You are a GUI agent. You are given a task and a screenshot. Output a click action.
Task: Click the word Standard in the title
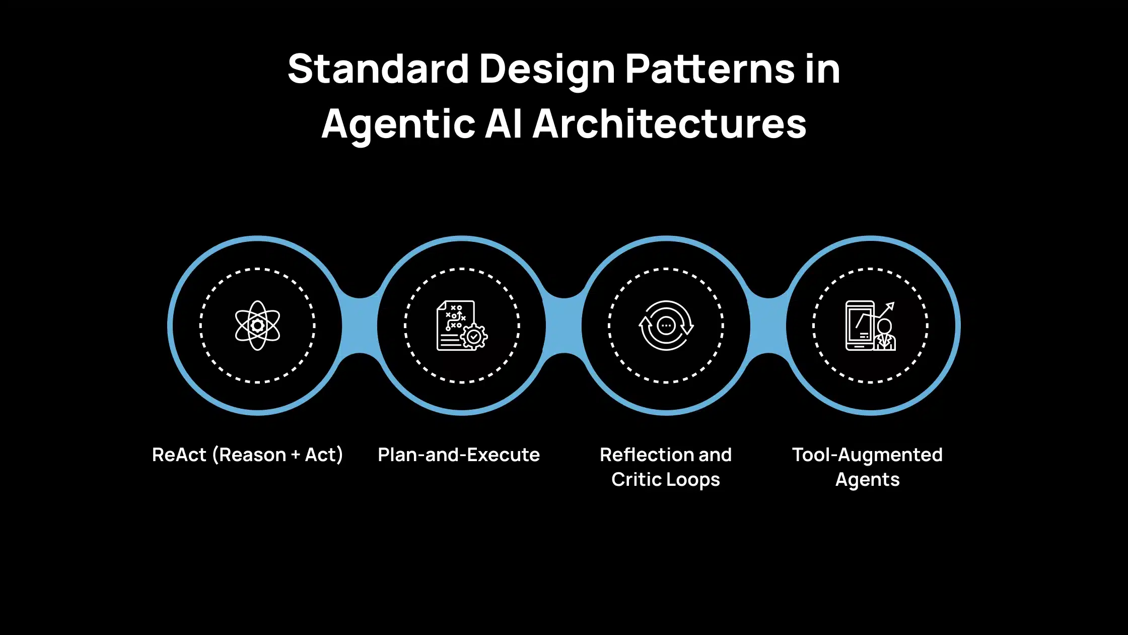(378, 69)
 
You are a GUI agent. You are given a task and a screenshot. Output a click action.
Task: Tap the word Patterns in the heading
(709, 69)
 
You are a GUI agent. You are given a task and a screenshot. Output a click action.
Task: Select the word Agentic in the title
(398, 124)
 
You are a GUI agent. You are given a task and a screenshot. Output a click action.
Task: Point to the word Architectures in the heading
(669, 124)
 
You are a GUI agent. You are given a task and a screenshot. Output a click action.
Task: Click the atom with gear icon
(257, 326)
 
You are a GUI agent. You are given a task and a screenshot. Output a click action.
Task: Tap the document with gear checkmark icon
(461, 326)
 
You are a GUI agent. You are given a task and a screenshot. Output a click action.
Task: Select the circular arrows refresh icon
(666, 326)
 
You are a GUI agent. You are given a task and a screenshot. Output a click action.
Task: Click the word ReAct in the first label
(179, 455)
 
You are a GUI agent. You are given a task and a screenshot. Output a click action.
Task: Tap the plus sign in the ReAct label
(295, 455)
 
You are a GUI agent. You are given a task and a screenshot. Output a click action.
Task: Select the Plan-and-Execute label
(459, 455)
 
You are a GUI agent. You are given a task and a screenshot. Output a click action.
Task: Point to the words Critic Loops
(665, 480)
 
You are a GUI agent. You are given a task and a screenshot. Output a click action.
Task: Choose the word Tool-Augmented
(867, 455)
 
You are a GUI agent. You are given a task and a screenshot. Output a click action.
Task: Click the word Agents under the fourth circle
(867, 480)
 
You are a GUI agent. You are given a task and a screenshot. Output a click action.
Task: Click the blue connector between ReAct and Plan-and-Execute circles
(360, 326)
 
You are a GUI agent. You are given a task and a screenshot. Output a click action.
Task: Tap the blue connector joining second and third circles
(564, 326)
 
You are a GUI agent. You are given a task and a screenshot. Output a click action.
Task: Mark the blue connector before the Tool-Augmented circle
(768, 326)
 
